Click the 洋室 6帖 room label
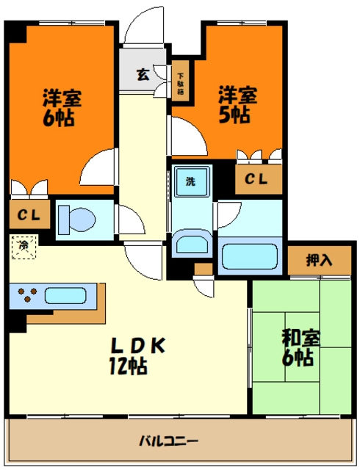pos(62,106)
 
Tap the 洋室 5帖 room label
pos(237,104)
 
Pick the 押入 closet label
pos(318,261)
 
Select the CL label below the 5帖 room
pos(256,178)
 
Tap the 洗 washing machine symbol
pos(191,181)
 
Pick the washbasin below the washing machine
pos(190,243)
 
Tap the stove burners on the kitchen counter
pos(28,296)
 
